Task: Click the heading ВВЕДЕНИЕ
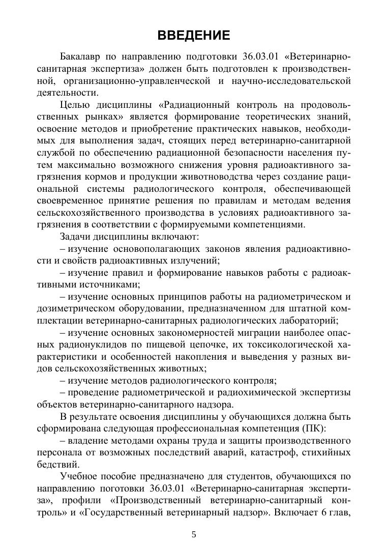[194, 35]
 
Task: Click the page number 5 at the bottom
[194, 534]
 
